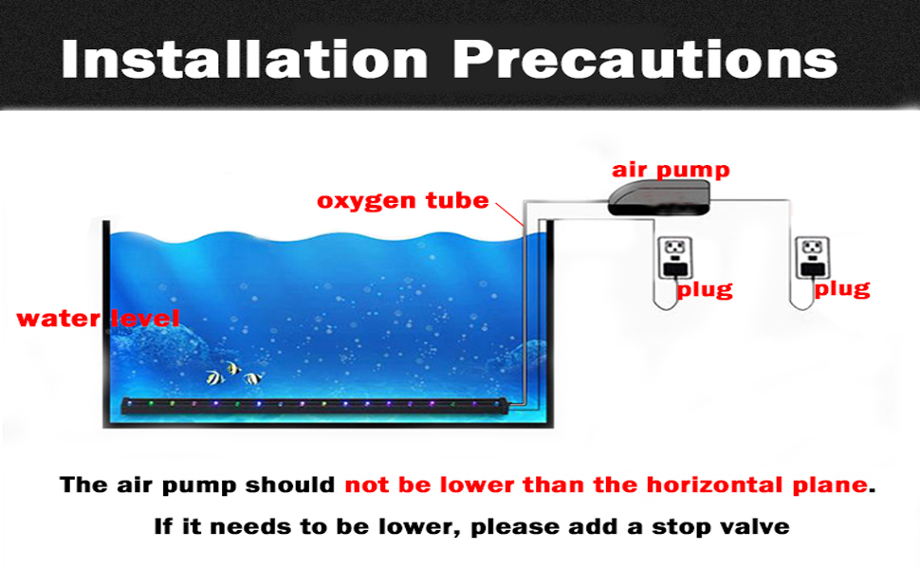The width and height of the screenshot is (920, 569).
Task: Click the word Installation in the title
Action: pos(245,59)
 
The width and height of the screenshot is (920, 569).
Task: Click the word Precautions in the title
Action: pos(645,59)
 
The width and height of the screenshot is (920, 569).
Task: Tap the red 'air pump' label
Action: pos(671,170)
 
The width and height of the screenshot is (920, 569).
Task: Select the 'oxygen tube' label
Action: pos(402,201)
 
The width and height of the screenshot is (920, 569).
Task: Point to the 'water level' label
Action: pos(98,319)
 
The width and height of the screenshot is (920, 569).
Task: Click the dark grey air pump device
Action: pos(659,197)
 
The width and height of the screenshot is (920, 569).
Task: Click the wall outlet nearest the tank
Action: pos(674,258)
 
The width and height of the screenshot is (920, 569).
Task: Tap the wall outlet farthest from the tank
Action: pos(813,258)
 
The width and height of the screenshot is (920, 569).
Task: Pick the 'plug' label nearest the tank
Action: pos(705,290)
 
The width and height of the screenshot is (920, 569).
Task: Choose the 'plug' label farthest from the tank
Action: pos(842,289)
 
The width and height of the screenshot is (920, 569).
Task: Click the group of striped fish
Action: pos(234,375)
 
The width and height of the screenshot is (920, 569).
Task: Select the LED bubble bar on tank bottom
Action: pos(315,406)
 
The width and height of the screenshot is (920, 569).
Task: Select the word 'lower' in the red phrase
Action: pos(478,486)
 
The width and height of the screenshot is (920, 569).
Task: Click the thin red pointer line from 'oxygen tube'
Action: pos(509,214)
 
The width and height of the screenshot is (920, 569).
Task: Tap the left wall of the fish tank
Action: pos(106,323)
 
